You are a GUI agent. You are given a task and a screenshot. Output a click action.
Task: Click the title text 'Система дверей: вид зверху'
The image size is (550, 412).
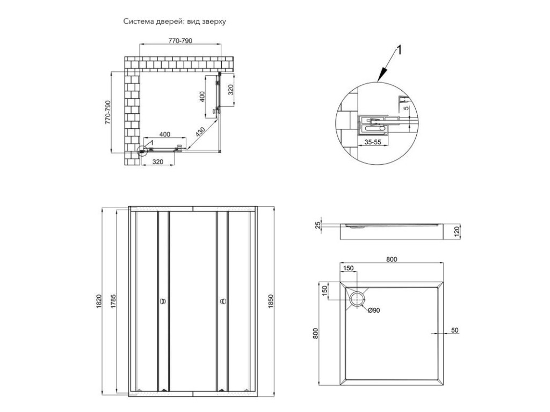click(x=175, y=21)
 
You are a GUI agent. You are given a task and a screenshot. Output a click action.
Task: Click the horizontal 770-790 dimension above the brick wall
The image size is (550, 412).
click(x=180, y=41)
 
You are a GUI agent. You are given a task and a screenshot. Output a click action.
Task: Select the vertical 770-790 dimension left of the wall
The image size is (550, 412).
click(x=107, y=113)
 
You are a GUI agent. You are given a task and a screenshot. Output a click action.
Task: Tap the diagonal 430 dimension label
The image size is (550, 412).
click(x=200, y=132)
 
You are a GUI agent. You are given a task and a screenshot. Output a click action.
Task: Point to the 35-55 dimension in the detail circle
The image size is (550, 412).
click(x=373, y=142)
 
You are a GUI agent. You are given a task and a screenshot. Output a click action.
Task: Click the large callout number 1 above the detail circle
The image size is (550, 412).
click(x=399, y=50)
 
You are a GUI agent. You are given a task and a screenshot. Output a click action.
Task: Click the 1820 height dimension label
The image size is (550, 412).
click(x=99, y=301)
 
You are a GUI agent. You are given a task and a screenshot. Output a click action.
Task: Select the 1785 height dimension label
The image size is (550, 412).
click(x=113, y=301)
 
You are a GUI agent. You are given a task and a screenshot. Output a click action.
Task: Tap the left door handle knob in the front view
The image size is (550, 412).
click(x=163, y=301)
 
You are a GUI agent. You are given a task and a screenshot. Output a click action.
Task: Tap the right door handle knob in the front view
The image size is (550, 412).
click(x=223, y=301)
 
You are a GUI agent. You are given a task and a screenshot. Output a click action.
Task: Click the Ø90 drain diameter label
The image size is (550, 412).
click(x=374, y=311)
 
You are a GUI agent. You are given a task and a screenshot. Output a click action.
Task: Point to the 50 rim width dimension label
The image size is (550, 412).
click(x=454, y=330)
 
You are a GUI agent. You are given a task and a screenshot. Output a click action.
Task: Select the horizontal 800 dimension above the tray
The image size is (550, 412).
click(x=392, y=259)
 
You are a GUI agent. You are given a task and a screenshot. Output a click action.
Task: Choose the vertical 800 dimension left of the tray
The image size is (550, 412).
click(x=315, y=333)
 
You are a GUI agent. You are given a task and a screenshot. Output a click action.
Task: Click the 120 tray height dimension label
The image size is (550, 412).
click(x=457, y=232)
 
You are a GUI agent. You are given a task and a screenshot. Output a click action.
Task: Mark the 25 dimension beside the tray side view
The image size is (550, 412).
click(x=318, y=225)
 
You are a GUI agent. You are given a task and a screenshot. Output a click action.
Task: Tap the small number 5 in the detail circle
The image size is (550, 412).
click(x=406, y=108)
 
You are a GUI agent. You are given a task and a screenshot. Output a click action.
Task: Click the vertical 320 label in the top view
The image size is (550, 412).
click(x=230, y=90)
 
